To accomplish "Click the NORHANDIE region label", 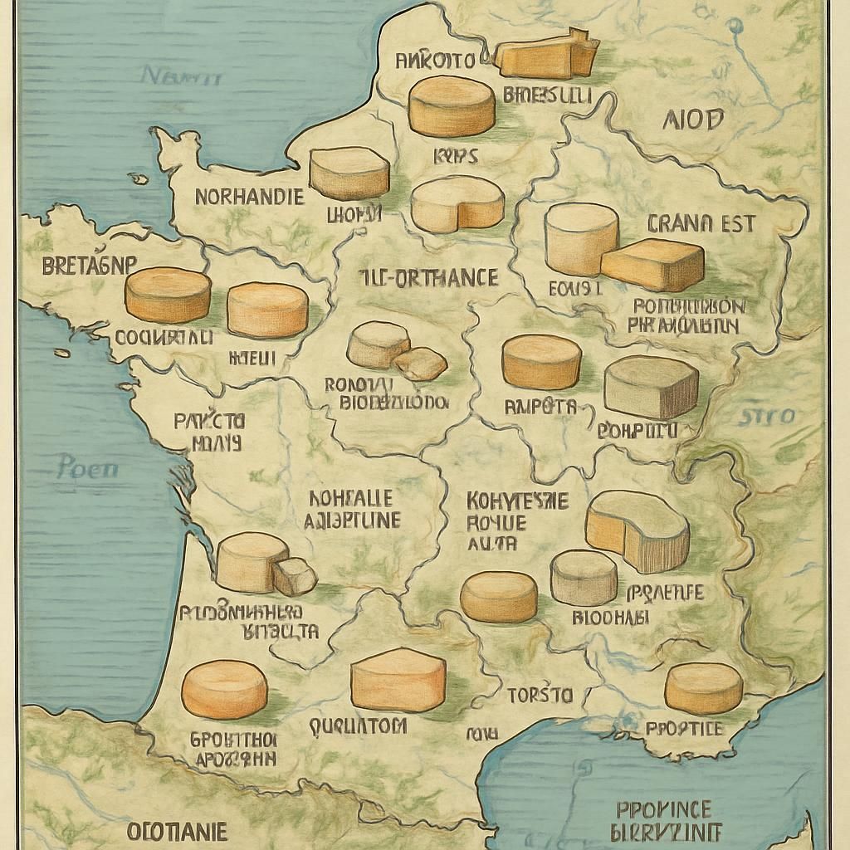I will tap(249, 198).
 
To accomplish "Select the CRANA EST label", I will tap(700, 223).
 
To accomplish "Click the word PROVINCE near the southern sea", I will tap(664, 809).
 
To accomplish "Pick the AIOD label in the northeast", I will tap(693, 120).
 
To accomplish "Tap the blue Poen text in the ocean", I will tap(87, 468).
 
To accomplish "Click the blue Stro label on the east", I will tap(767, 416).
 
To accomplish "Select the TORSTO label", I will tap(540, 694).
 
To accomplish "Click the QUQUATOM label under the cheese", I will tap(358, 726).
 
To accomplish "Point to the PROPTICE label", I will tap(684, 729).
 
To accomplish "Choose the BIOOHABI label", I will tap(612, 618).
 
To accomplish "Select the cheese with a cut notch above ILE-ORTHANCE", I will tap(457, 204).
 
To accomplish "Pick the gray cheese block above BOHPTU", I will tap(651, 387).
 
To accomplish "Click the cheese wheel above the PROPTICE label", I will tap(703, 687).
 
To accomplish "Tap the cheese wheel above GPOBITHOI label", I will tap(224, 689).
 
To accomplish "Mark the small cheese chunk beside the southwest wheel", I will tap(295, 576).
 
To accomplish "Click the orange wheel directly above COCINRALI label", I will tap(169, 295).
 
